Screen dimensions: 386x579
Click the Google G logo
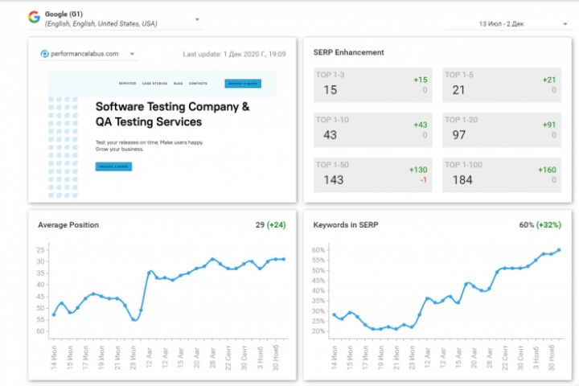click(x=34, y=17)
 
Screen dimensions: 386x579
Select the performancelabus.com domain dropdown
click(x=88, y=55)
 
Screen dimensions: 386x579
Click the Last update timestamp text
click(x=234, y=55)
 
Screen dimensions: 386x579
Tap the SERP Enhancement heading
click(x=348, y=52)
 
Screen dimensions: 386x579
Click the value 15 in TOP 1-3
click(x=331, y=90)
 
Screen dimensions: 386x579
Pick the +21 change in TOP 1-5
click(x=549, y=80)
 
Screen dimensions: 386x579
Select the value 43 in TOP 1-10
click(x=331, y=135)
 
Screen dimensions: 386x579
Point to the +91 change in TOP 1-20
click(x=549, y=125)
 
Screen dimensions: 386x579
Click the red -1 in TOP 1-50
click(x=422, y=180)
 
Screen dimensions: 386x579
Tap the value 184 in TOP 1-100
click(x=462, y=180)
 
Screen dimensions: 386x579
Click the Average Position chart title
click(x=68, y=225)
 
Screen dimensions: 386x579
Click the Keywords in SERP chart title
click(x=347, y=225)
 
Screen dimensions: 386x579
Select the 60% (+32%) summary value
click(x=540, y=225)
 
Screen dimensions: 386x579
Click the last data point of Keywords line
click(x=558, y=250)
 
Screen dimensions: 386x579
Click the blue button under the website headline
click(x=113, y=166)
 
